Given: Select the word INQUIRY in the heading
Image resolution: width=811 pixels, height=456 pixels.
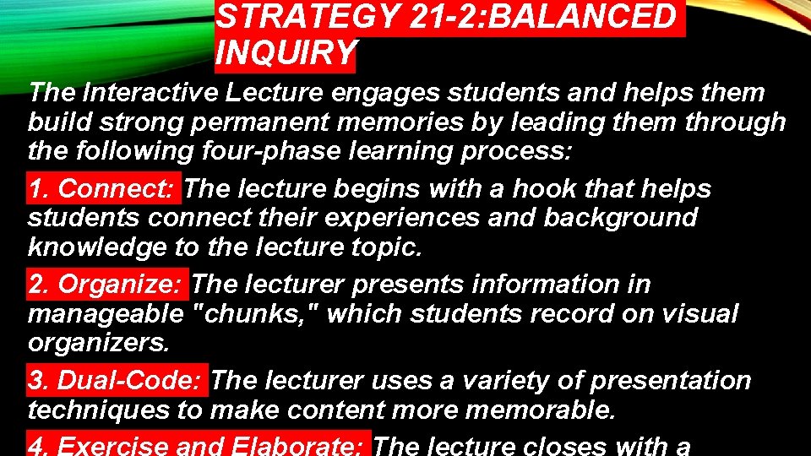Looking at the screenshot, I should pyautogui.click(x=286, y=52).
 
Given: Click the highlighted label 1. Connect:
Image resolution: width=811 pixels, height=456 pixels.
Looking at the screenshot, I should pyautogui.click(x=104, y=188).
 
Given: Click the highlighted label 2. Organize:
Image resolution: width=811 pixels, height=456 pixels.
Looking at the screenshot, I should pyautogui.click(x=107, y=285).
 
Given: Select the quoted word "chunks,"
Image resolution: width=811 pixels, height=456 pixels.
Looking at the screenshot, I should pyautogui.click(x=255, y=314).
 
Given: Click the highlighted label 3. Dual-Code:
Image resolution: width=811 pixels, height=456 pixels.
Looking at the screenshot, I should pyautogui.click(x=117, y=381).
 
